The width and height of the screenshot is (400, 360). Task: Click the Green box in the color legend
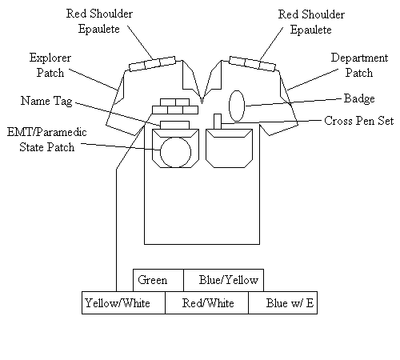coord(158,280)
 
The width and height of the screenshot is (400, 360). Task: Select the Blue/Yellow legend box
coord(224,280)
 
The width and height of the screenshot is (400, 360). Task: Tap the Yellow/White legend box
coord(123,302)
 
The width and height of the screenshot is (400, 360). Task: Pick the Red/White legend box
coord(206,302)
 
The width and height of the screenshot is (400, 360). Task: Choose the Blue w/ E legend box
coord(283,302)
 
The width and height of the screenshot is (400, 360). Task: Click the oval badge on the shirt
coord(237,106)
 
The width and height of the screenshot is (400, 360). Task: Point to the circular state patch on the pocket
coord(175,152)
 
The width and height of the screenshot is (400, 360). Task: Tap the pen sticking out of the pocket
coord(218,122)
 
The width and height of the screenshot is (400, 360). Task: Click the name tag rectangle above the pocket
coord(174,125)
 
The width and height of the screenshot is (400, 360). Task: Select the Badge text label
coord(359,98)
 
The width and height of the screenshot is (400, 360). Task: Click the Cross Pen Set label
coord(359,121)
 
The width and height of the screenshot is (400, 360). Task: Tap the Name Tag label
coord(46,101)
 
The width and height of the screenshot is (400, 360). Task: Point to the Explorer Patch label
coord(50,65)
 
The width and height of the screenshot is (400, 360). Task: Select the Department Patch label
coord(359,65)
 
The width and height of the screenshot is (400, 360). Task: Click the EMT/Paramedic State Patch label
coord(47,139)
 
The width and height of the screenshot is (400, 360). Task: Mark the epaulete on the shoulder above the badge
coord(253,64)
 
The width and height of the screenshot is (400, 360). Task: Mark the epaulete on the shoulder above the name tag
coord(152,64)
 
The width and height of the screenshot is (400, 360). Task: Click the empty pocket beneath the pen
coord(229,149)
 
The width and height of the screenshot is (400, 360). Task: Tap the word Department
coord(359,58)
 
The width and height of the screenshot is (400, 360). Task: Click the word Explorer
coord(50,58)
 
